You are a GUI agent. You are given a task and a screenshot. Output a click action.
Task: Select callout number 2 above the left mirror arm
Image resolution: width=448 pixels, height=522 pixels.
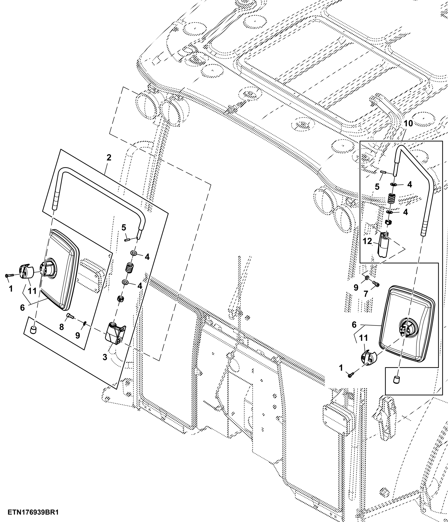point(109,158)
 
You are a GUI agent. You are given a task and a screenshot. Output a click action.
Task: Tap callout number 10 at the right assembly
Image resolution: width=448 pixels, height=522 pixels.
point(408,124)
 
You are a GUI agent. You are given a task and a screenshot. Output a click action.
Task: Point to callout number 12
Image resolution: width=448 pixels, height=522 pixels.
point(367,241)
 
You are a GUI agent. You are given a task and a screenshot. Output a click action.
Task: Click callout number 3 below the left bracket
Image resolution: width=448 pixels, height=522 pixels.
point(105,357)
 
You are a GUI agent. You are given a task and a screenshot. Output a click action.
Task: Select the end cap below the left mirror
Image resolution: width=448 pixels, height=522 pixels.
point(33,330)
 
